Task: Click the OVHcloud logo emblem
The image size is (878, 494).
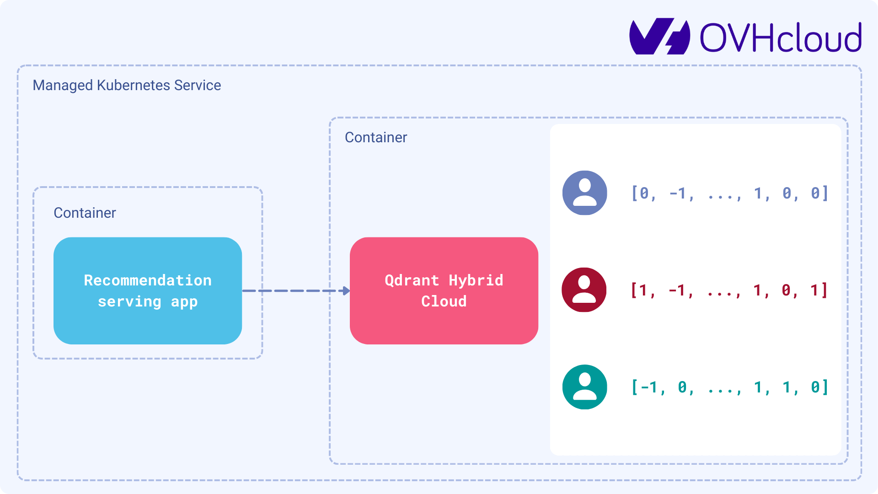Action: point(659,37)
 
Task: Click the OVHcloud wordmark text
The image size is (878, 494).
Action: point(781,38)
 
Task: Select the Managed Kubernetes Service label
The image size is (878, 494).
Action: point(127,85)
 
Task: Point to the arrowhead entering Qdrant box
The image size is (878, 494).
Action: point(346,290)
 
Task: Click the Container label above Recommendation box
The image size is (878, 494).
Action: point(85,213)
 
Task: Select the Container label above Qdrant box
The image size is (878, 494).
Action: point(375,137)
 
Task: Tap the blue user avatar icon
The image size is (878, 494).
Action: point(584,193)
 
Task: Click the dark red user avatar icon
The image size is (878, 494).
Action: point(584,290)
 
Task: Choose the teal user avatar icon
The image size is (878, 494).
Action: point(584,387)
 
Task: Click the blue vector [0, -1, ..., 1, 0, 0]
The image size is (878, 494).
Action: point(729,193)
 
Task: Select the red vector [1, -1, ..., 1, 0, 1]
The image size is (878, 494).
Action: point(729,290)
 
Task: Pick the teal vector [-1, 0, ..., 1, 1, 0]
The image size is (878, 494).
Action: point(729,387)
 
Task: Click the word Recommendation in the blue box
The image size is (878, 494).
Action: point(148,280)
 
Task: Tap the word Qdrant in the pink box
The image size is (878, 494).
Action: point(412,280)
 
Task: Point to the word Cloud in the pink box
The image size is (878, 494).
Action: point(444,301)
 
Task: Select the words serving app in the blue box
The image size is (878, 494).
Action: point(148,301)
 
